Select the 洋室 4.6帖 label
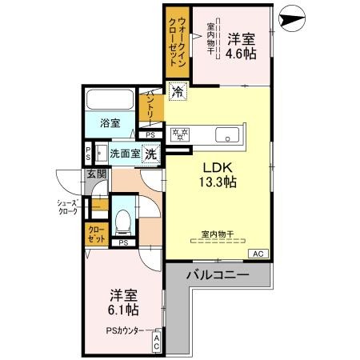(x=239, y=47)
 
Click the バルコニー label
(x=218, y=274)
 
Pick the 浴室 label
(x=110, y=123)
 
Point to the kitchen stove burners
(x=179, y=134)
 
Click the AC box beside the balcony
(x=258, y=254)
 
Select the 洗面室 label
(x=125, y=153)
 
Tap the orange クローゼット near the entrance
(x=95, y=234)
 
